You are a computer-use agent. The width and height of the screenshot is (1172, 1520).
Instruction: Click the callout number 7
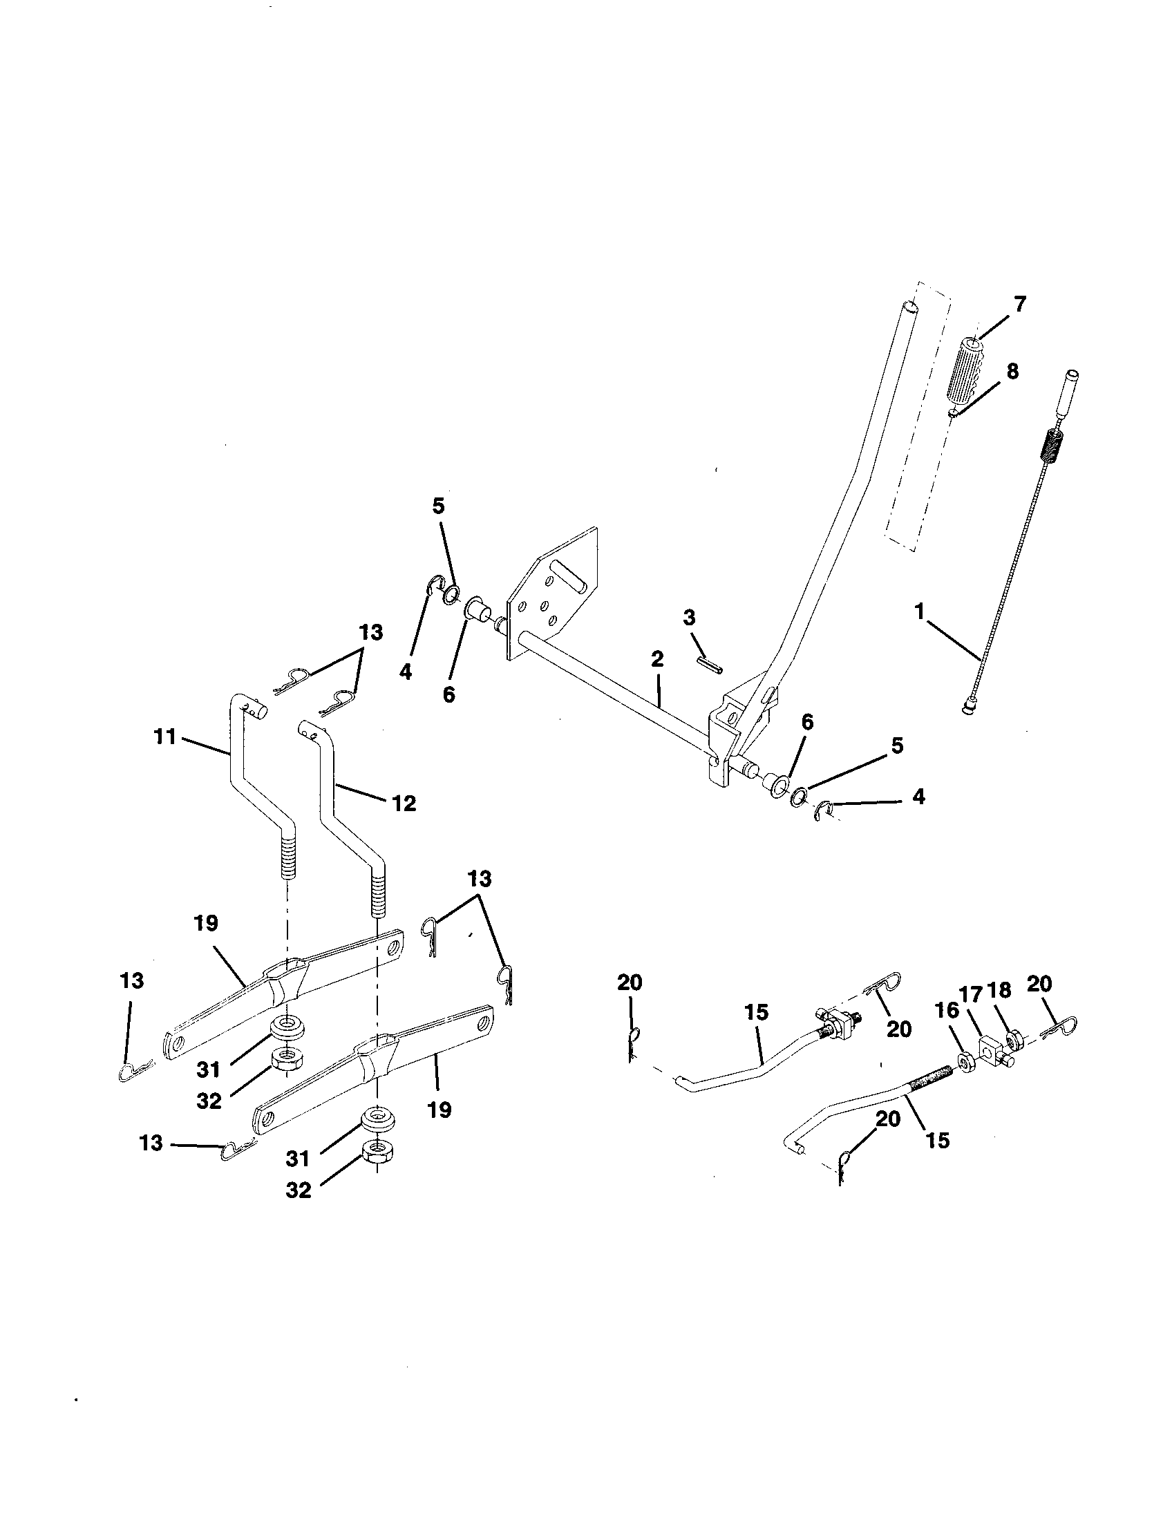click(1019, 305)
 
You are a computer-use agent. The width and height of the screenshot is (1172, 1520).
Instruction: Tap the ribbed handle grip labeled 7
click(967, 369)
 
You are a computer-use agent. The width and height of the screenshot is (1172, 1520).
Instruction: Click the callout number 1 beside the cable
click(920, 612)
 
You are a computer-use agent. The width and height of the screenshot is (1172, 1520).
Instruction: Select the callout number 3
click(689, 617)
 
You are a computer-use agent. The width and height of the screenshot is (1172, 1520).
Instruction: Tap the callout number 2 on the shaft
click(657, 658)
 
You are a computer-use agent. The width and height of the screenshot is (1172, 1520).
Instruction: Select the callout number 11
click(165, 737)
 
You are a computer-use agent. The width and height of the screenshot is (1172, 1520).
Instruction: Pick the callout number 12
click(404, 804)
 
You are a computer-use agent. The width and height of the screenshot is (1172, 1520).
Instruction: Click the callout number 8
click(1012, 371)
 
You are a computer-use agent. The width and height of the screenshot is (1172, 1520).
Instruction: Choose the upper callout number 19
click(206, 924)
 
